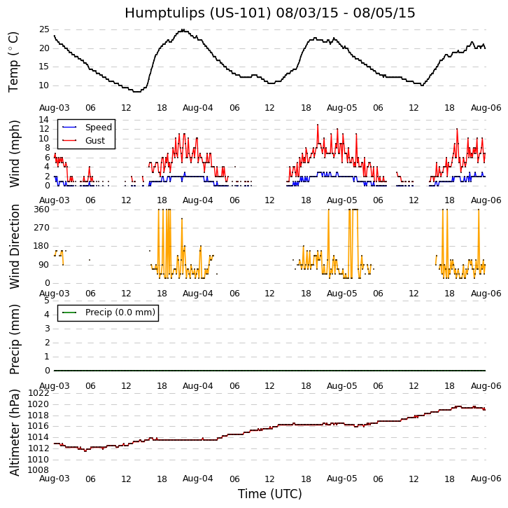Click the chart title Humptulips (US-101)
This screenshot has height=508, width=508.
click(x=269, y=13)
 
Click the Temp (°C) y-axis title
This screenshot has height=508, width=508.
click(x=14, y=62)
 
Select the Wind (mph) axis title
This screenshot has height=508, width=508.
click(x=15, y=153)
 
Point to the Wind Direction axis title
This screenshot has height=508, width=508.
click(x=15, y=246)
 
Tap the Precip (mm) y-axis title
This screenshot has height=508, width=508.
click(x=15, y=338)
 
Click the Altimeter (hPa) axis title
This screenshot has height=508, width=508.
click(x=15, y=432)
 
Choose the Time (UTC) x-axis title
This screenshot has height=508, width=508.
click(x=269, y=494)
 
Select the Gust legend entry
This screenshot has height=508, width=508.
click(x=94, y=141)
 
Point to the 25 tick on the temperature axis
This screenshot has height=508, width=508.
click(x=43, y=29)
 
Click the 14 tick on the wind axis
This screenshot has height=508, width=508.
click(x=43, y=120)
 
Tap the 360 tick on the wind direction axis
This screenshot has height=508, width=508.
click(x=41, y=210)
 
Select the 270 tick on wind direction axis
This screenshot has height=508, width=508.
click(x=41, y=228)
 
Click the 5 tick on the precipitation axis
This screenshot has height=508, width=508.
click(x=46, y=301)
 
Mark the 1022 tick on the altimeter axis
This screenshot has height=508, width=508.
click(x=38, y=393)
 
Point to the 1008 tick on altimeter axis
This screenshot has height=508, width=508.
click(x=38, y=470)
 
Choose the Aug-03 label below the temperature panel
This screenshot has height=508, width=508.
click(x=54, y=108)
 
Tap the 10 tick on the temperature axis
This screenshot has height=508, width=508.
click(x=43, y=85)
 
